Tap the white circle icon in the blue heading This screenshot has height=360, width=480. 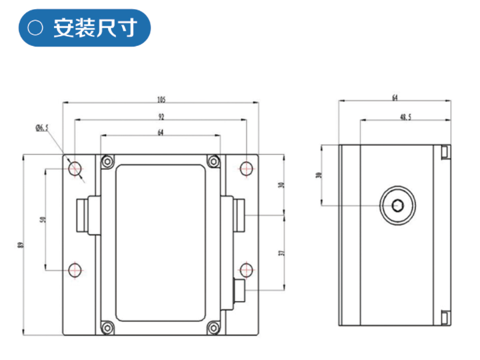pos(36,28)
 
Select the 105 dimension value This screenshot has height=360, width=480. pos(162,99)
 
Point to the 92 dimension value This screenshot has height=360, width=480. pos(161,116)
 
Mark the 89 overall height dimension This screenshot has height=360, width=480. pos(21,245)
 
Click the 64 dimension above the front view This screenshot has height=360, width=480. pos(161,132)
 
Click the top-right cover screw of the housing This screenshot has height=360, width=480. pos(213,161)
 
